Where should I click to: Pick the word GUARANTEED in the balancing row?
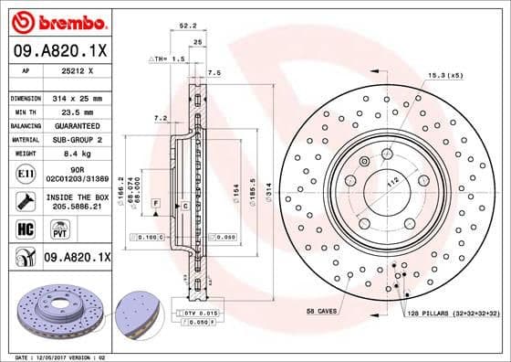click(77, 125)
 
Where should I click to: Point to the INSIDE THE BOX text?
click(77, 197)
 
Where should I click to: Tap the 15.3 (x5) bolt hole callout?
click(446, 75)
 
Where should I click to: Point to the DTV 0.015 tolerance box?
click(203, 314)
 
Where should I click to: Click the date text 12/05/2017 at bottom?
click(55, 357)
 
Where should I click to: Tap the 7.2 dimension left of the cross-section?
click(160, 118)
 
